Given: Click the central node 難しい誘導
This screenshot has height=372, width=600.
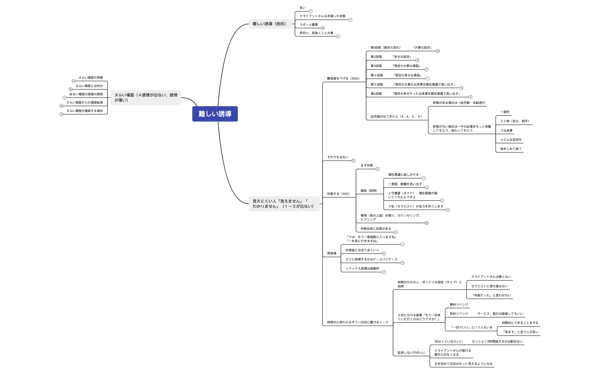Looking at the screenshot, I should click(215, 114).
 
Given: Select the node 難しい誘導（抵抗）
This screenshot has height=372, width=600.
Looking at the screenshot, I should click(269, 24).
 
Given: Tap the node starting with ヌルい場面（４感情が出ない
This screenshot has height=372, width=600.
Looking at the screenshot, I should click(146, 98).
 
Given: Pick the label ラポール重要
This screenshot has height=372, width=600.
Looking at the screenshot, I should click(309, 25).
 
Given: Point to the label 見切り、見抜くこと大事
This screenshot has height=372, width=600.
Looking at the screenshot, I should click(316, 33).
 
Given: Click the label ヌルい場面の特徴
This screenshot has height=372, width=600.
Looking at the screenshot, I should click(91, 78).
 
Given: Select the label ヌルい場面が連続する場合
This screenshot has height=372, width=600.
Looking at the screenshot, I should click(85, 111).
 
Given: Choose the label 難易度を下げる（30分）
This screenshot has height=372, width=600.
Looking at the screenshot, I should click(343, 79).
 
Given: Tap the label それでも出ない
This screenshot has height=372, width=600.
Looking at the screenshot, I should click(338, 157).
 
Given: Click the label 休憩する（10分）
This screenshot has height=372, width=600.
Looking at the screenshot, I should click(338, 194).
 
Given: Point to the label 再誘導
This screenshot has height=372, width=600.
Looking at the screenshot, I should click(332, 254).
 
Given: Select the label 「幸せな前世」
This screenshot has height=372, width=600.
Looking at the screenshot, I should click(401, 57).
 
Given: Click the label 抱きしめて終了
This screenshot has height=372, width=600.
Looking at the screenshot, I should click(511, 149).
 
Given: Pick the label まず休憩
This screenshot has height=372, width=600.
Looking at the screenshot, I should click(367, 166).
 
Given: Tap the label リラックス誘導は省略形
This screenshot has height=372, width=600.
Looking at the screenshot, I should click(362, 269).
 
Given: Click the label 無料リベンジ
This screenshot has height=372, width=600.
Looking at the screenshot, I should click(459, 305).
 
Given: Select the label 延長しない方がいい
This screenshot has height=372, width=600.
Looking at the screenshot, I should click(411, 353).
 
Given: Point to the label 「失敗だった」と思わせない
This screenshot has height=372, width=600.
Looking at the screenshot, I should click(491, 296).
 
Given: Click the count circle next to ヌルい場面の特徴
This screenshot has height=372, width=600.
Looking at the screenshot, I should click(73, 81).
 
